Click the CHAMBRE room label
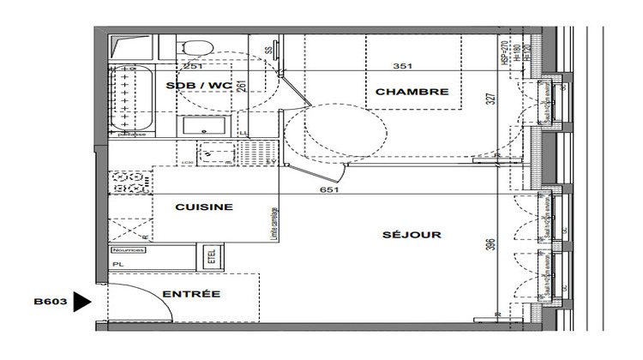[x=412, y=92]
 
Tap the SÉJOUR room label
[x=412, y=235]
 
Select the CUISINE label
[x=204, y=207]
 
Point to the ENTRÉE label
[x=191, y=294]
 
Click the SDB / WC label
[x=199, y=85]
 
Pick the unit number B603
[x=50, y=302]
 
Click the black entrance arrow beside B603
[x=82, y=302]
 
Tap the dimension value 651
[x=329, y=189]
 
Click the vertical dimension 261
[x=243, y=87]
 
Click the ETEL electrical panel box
[x=207, y=255]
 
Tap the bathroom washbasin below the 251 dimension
[x=204, y=125]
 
